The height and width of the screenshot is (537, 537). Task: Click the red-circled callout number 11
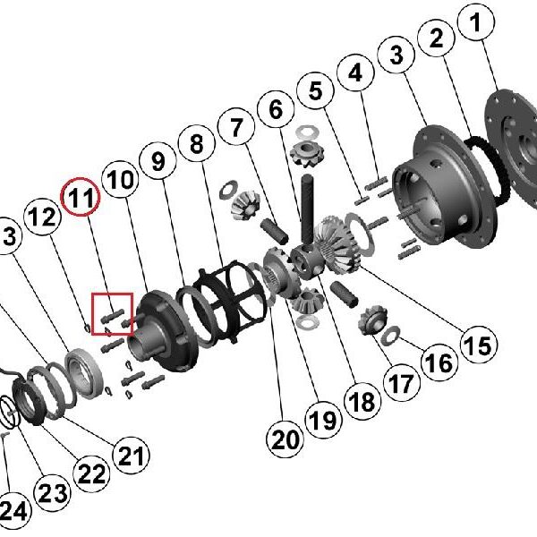click(x=81, y=197)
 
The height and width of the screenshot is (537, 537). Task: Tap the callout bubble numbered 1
click(x=476, y=22)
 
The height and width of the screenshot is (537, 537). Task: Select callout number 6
click(x=276, y=109)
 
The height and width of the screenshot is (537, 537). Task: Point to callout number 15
click(x=479, y=345)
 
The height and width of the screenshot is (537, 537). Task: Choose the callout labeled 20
click(x=285, y=439)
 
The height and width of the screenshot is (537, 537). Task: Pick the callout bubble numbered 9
click(x=158, y=161)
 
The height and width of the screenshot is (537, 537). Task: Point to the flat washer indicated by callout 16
click(x=390, y=336)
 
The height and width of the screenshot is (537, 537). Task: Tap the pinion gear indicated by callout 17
click(x=372, y=320)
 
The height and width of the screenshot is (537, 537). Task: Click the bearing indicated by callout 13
click(x=84, y=373)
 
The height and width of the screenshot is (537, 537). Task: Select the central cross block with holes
click(x=306, y=262)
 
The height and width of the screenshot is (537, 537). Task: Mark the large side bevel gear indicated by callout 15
click(x=339, y=245)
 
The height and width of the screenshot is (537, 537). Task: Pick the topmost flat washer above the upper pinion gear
click(x=307, y=132)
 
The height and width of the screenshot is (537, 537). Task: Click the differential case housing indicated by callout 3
click(x=445, y=185)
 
